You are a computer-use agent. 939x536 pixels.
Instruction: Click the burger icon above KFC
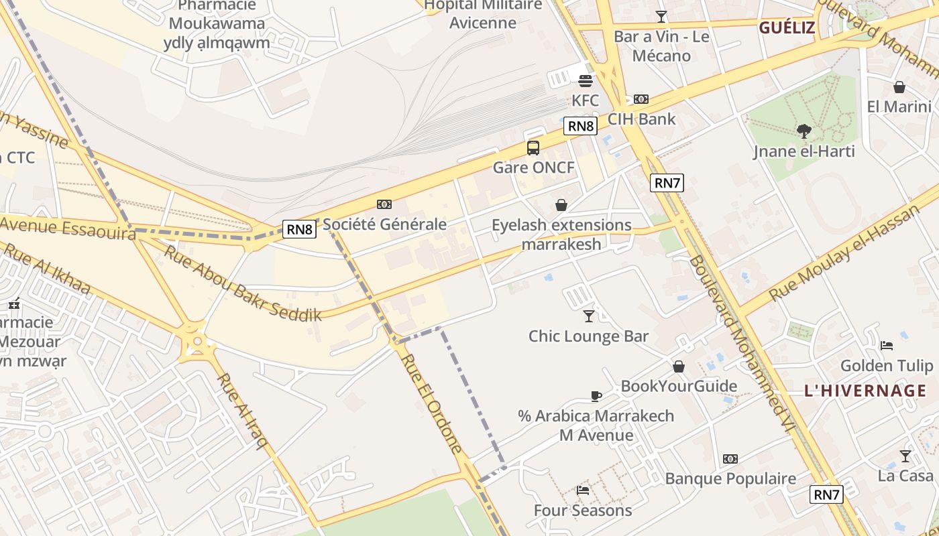pyautogui.click(x=586, y=81)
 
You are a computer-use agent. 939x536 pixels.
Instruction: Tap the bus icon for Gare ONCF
pyautogui.click(x=533, y=148)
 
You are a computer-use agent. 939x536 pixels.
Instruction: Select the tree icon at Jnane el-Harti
pyautogui.click(x=804, y=131)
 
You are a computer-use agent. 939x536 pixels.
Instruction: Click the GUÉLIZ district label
pyautogui.click(x=787, y=28)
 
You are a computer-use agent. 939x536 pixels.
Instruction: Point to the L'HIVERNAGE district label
pyautogui.click(x=865, y=391)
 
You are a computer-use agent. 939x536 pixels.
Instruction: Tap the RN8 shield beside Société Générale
pyautogui.click(x=299, y=229)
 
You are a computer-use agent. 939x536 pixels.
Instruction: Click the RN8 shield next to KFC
pyautogui.click(x=580, y=126)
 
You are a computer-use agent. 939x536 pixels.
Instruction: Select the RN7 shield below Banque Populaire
pyautogui.click(x=826, y=494)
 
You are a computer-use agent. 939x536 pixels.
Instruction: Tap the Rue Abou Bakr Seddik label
pyautogui.click(x=242, y=283)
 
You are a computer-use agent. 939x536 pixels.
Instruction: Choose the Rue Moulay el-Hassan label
pyautogui.click(x=842, y=253)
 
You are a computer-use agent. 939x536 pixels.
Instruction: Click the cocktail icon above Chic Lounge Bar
pyautogui.click(x=589, y=316)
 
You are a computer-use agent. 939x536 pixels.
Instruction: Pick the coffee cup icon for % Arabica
pyautogui.click(x=596, y=396)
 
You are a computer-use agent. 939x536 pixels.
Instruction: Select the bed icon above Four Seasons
pyautogui.click(x=583, y=490)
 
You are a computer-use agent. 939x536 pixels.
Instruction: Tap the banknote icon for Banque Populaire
pyautogui.click(x=730, y=459)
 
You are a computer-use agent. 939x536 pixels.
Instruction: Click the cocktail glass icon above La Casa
pyautogui.click(x=905, y=456)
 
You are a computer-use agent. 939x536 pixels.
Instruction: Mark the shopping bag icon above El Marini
pyautogui.click(x=899, y=87)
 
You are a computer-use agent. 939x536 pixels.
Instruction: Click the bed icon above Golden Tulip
pyautogui.click(x=886, y=346)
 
